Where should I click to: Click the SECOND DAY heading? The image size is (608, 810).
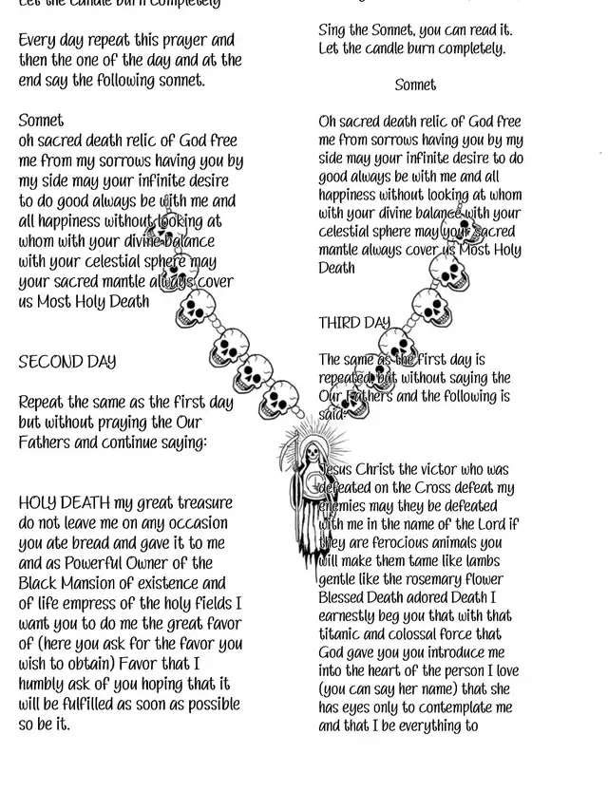(66, 362)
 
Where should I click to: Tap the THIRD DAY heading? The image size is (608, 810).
(353, 323)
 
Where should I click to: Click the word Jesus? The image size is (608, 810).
(340, 469)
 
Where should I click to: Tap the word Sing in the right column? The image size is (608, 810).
(333, 31)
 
